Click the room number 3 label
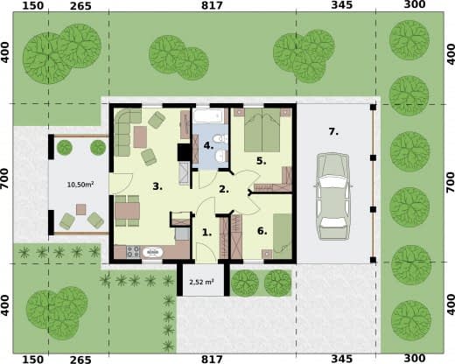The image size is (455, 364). coord(157,186)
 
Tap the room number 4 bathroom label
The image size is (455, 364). coord(208,145)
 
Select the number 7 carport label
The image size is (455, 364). coord(333,132)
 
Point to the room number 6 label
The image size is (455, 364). coord(262,231)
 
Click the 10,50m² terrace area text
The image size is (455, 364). coord(80,185)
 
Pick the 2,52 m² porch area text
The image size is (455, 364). coord(201,282)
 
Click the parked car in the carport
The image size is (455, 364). coord(333,196)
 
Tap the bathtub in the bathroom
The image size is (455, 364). coord(208,116)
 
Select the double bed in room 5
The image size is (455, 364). coord(262,130)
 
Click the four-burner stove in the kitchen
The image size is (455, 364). coord(133,252)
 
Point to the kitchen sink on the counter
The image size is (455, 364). coord(152,252)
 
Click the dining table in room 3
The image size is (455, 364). coord(127,211)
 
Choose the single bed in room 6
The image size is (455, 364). coord(283,236)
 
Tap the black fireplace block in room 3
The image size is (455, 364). coord(184,152)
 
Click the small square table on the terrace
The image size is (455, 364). coord(81,209)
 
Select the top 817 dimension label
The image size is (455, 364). coord(212,5)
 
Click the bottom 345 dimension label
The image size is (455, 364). coord(342,359)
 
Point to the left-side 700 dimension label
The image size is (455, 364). coord(5,182)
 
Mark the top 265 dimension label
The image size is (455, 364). coord(80,6)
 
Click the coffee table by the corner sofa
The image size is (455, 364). coord(140,136)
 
